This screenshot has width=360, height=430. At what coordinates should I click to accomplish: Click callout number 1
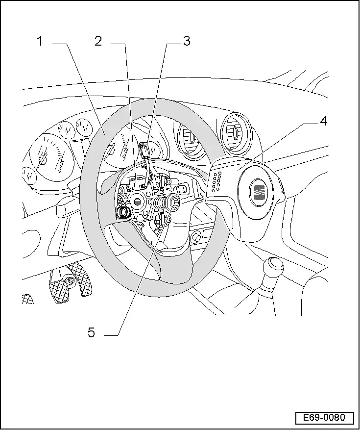click(41, 42)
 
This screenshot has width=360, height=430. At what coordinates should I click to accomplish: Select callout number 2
click(98, 42)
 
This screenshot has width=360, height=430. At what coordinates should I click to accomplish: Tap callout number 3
click(186, 42)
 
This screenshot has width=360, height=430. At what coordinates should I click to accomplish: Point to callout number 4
click(323, 121)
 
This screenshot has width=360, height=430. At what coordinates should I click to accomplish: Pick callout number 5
click(92, 333)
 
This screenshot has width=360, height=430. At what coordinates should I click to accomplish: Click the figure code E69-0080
click(324, 418)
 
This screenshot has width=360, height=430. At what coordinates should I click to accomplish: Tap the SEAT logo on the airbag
click(258, 192)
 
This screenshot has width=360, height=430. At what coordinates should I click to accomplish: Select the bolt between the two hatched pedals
click(71, 280)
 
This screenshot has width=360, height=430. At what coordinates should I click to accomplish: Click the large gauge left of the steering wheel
click(48, 158)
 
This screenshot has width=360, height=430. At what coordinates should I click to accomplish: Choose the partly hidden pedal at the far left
click(27, 299)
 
